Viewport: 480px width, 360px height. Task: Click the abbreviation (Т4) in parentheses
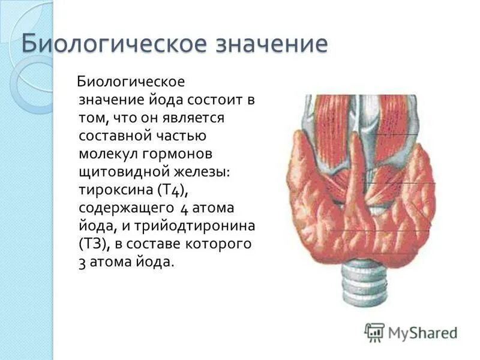coord(173,191)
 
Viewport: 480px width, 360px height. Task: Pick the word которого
coord(220,244)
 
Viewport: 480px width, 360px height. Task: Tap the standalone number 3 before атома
coord(82,263)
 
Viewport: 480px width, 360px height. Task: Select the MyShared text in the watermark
coord(422,332)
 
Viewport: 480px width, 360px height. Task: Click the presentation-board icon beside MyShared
coord(374,332)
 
